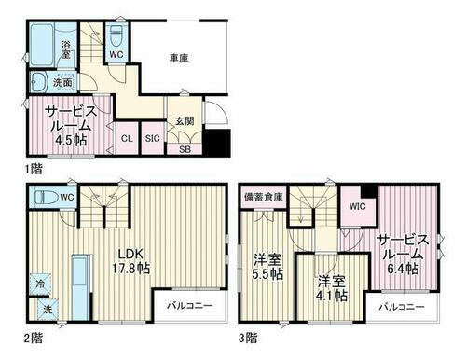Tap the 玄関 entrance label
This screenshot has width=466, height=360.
click(x=183, y=120)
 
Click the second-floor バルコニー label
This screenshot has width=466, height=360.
click(x=189, y=305)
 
